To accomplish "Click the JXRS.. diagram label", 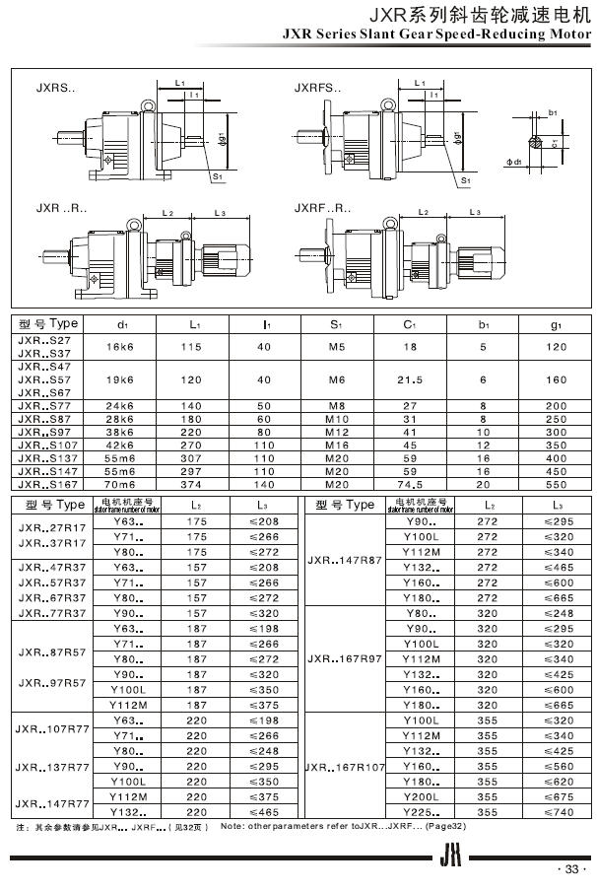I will pos(53,88).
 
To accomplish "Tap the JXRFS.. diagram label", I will pos(318,88).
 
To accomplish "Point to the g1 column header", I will pos(556,323).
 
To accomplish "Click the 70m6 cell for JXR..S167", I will pos(122,485).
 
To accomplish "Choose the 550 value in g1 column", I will pos(556,485).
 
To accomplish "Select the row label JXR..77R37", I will pos(53,612).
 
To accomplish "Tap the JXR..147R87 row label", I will pos(345,560).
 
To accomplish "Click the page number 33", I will pos(571,870).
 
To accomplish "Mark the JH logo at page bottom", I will pos(451,857).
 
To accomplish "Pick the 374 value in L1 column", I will pos(194,485).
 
